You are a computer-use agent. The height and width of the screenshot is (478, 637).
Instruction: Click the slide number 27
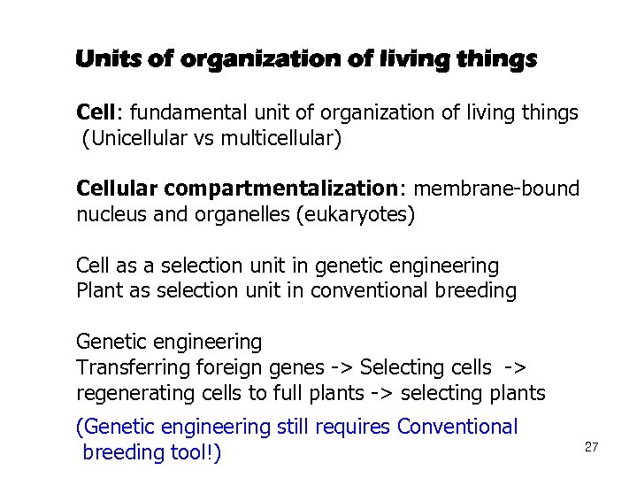point(592,447)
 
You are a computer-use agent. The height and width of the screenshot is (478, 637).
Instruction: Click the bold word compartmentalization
point(279,189)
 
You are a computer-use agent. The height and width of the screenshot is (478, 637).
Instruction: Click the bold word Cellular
point(117,189)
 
